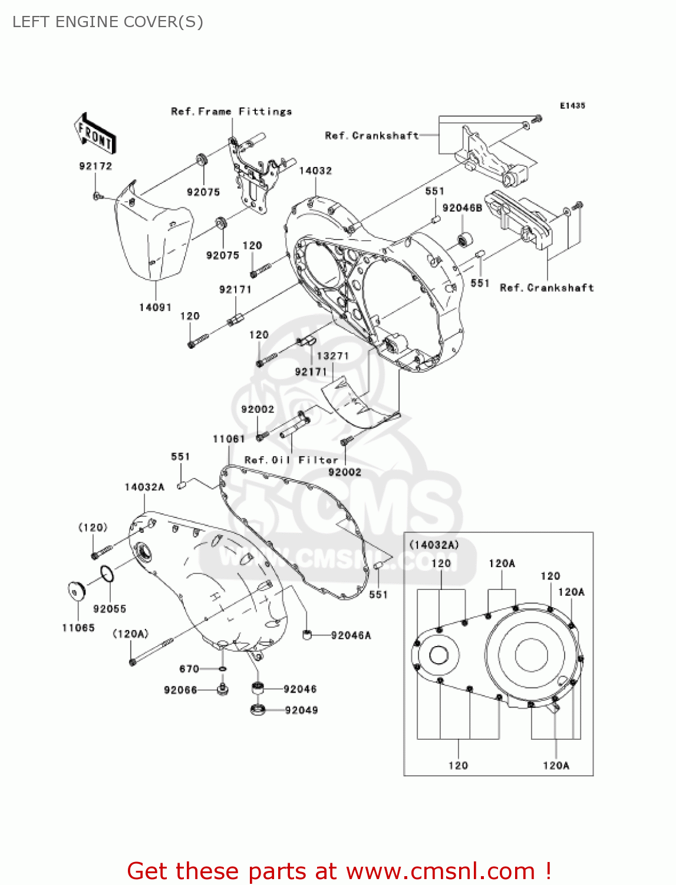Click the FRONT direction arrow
pos(94,135)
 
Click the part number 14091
pos(155,307)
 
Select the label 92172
pos(95,166)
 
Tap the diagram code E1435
pos(572,106)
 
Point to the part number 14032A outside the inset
pos(144,487)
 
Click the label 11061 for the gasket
pos(229,439)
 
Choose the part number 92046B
pos(462,208)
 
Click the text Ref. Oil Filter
pos(291,460)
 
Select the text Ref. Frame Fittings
pos(231,112)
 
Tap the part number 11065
pos(78,628)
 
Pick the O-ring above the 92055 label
pos(107,573)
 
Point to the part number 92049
pos(301,710)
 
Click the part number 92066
pos(180,690)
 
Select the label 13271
pos(333,356)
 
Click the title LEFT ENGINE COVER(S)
pos(108,22)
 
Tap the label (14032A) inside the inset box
pos(434,545)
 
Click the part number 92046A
pos(351,635)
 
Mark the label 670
pos(189,669)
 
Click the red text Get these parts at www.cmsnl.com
pos(339,871)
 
